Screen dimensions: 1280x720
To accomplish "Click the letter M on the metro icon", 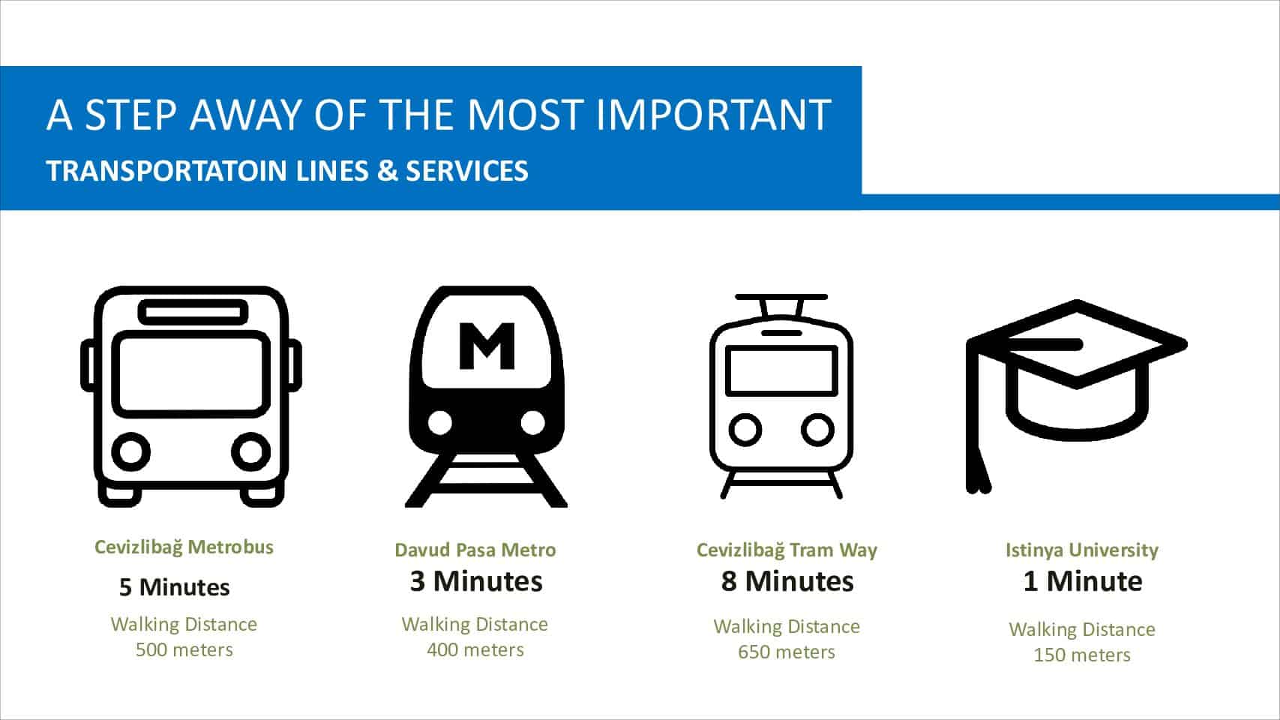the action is pyautogui.click(x=487, y=346).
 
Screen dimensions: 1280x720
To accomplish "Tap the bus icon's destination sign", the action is pyautogui.click(x=193, y=312).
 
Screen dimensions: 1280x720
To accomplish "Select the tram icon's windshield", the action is pyautogui.click(x=781, y=370).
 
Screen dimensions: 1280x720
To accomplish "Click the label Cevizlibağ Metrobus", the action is pyautogui.click(x=184, y=547).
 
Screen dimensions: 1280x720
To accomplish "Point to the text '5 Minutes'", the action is pyautogui.click(x=174, y=587).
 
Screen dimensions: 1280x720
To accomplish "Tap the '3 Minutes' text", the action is pyautogui.click(x=476, y=581).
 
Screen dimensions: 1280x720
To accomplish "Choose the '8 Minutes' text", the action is pyautogui.click(x=787, y=581).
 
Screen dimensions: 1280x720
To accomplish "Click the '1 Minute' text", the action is pyautogui.click(x=1082, y=581).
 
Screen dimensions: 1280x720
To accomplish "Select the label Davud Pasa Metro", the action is pyautogui.click(x=475, y=550).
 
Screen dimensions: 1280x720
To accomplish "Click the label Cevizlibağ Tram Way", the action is pyautogui.click(x=787, y=550).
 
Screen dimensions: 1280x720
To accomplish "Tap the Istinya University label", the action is pyautogui.click(x=1082, y=550).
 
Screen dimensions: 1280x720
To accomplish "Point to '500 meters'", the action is pyautogui.click(x=184, y=649).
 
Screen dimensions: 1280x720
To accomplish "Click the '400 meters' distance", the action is pyautogui.click(x=475, y=649).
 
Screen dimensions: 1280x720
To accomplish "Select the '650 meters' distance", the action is pyautogui.click(x=787, y=652).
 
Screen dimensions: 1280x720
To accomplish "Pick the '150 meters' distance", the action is pyautogui.click(x=1082, y=655).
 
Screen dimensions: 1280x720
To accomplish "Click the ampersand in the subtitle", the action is pyautogui.click(x=387, y=171).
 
